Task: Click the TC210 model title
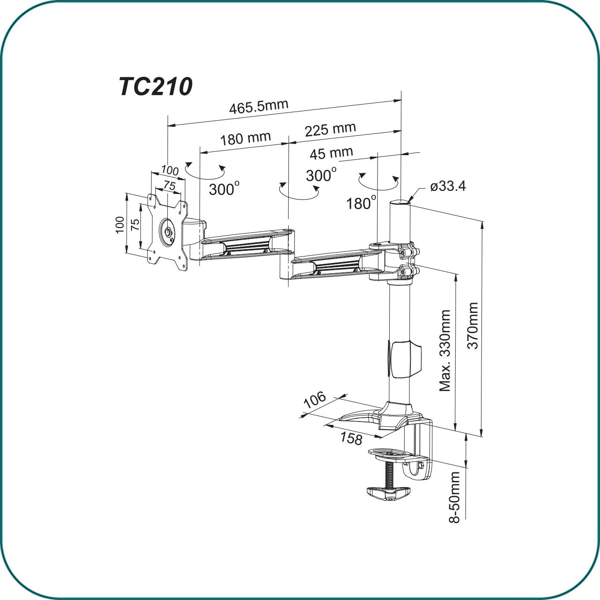[x=156, y=87]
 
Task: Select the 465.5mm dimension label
[x=259, y=107]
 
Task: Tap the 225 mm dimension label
[x=330, y=129]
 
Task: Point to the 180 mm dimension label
[x=246, y=139]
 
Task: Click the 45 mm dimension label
[x=331, y=153]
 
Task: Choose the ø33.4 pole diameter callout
[x=448, y=187]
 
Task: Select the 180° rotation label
[x=361, y=203]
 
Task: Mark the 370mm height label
[x=473, y=325]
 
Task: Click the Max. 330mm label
[x=445, y=350]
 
